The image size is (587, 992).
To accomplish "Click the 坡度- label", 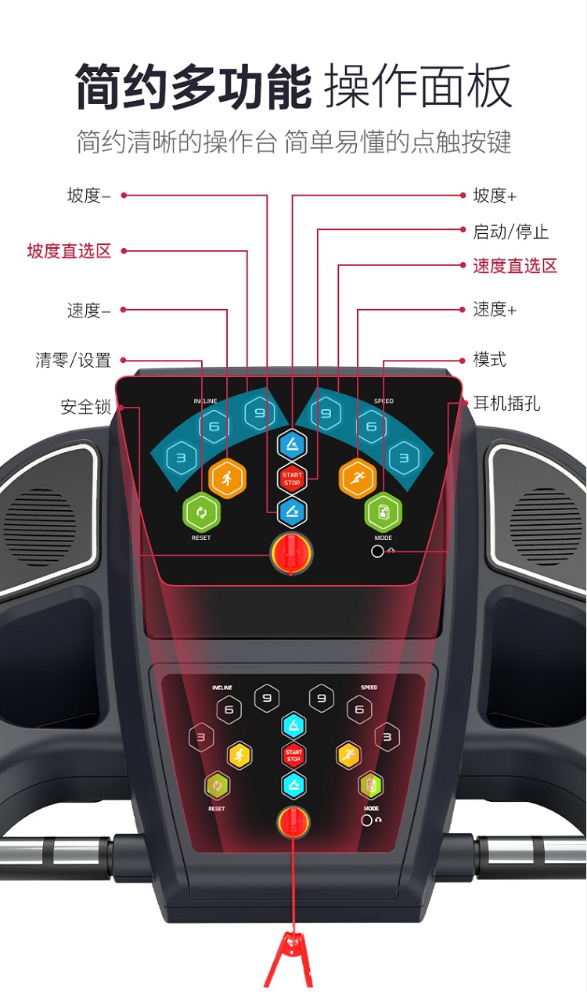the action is click(88, 196).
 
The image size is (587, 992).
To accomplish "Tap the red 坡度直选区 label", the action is click(69, 250).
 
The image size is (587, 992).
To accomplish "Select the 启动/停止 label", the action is click(511, 231).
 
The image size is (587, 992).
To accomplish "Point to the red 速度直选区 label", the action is click(515, 266).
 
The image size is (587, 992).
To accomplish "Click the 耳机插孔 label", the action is click(507, 403).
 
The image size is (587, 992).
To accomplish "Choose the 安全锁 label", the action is click(85, 407).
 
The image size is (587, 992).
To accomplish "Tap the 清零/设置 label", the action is click(73, 360).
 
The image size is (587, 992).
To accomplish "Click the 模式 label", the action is click(489, 359).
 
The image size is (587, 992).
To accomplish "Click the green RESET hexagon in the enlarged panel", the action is click(202, 512).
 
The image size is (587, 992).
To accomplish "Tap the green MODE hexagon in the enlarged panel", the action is click(384, 512).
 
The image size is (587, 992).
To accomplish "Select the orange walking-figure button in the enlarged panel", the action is click(227, 479).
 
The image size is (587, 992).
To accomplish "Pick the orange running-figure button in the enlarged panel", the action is click(358, 479).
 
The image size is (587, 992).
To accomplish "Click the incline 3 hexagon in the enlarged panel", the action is click(182, 458).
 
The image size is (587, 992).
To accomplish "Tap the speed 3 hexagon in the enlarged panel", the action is click(404, 458).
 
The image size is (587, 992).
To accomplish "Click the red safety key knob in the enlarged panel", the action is click(291, 553).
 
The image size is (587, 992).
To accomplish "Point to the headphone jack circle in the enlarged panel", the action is click(377, 552).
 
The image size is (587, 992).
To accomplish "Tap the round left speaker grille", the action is click(39, 526).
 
